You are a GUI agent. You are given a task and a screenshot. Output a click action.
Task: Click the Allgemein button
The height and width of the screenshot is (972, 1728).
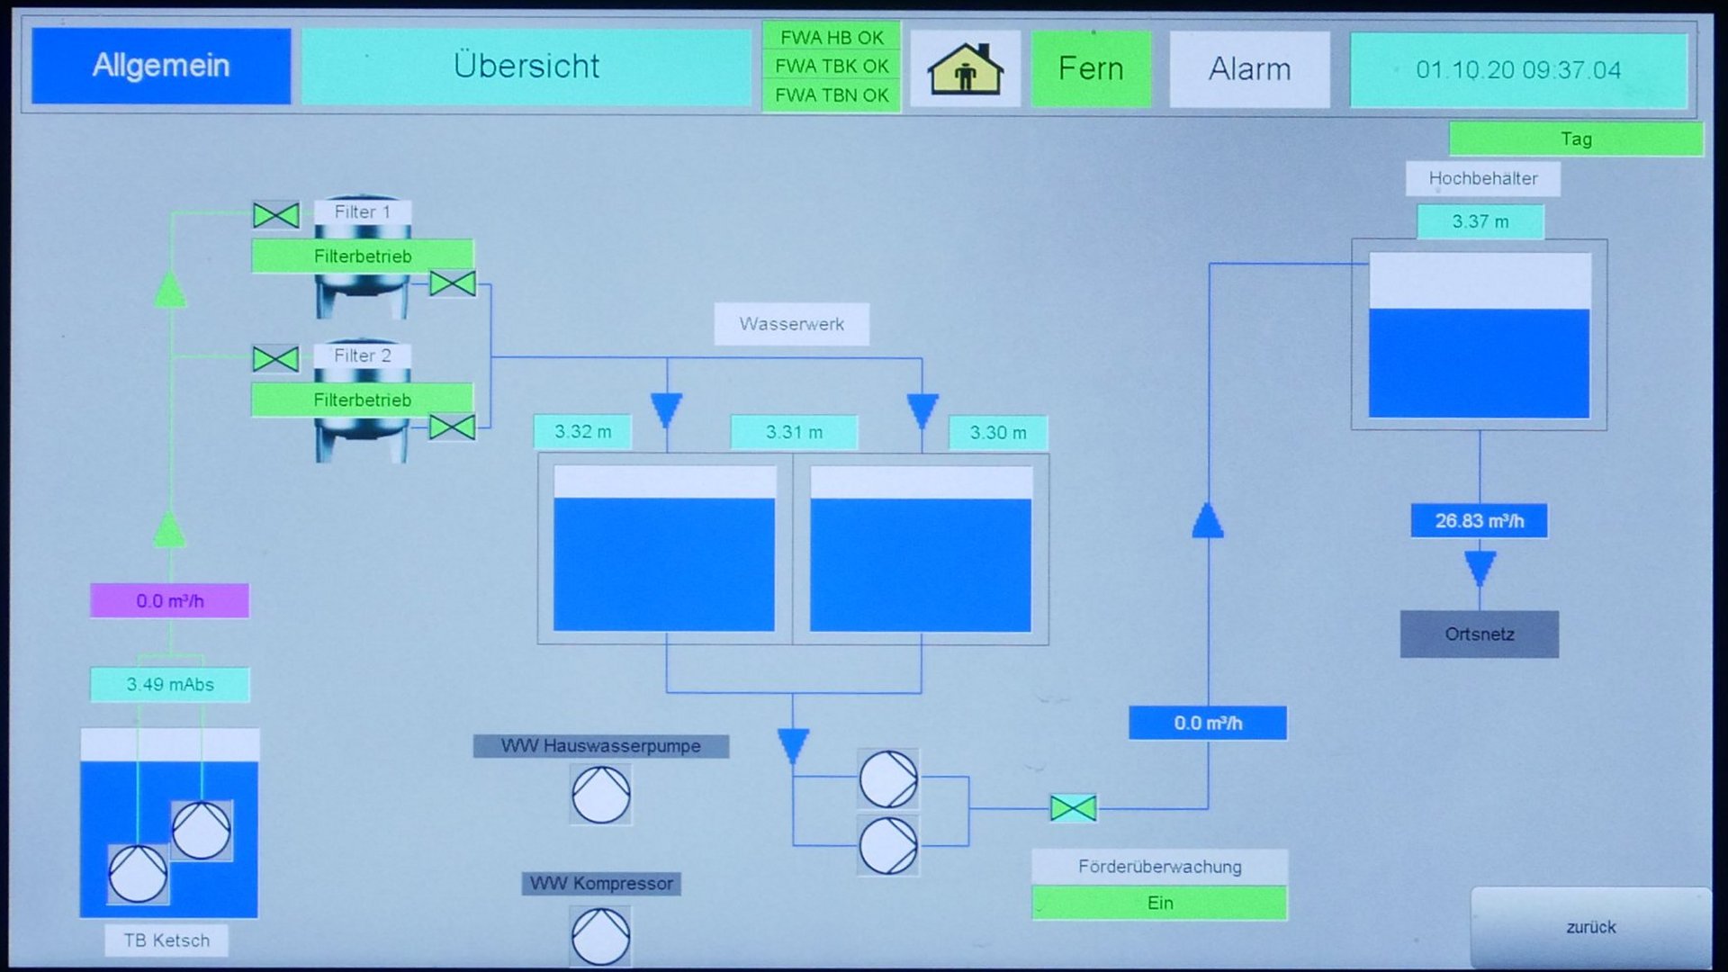pyautogui.click(x=161, y=66)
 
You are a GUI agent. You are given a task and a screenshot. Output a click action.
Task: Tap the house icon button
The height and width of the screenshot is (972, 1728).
pyautogui.click(x=965, y=68)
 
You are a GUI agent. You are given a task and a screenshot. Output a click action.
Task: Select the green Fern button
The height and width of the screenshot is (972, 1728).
pyautogui.click(x=1091, y=68)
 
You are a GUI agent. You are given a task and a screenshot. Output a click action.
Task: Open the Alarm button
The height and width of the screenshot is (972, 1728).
pyautogui.click(x=1249, y=68)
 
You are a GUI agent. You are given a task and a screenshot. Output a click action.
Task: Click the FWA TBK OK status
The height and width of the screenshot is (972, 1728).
pyautogui.click(x=832, y=67)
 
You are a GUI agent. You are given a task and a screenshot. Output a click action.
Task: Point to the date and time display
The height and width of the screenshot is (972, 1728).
pyautogui.click(x=1518, y=70)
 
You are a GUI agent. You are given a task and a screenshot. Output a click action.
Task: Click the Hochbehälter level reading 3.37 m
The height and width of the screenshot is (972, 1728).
pyautogui.click(x=1480, y=221)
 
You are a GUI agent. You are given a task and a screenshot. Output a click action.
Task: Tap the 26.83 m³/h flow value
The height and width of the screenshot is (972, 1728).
pyautogui.click(x=1479, y=521)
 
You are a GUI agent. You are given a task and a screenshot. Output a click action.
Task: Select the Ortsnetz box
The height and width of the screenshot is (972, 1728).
pyautogui.click(x=1479, y=634)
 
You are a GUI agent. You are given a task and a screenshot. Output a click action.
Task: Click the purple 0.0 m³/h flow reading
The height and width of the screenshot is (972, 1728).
pyautogui.click(x=169, y=601)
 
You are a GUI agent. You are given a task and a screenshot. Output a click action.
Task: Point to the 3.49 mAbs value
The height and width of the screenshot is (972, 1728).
pyautogui.click(x=169, y=685)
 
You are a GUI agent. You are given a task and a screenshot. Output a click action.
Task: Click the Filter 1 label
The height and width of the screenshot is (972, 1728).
pyautogui.click(x=362, y=212)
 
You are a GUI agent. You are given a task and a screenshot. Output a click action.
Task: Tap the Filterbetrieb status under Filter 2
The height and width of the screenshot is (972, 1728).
pyautogui.click(x=362, y=400)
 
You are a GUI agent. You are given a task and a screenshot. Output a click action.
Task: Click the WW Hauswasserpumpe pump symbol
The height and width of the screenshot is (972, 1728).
pyautogui.click(x=601, y=795)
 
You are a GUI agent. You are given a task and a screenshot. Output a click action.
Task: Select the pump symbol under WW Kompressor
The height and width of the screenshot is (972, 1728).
pyautogui.click(x=600, y=936)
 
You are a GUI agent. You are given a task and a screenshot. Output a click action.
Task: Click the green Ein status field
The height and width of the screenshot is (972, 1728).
pyautogui.click(x=1159, y=903)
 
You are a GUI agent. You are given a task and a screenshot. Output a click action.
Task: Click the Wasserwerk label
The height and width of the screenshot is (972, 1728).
pyautogui.click(x=791, y=324)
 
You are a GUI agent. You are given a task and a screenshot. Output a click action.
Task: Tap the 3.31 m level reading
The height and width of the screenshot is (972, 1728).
pyautogui.click(x=794, y=433)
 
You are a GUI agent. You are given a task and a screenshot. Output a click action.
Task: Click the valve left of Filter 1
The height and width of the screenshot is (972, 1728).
pyautogui.click(x=276, y=215)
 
